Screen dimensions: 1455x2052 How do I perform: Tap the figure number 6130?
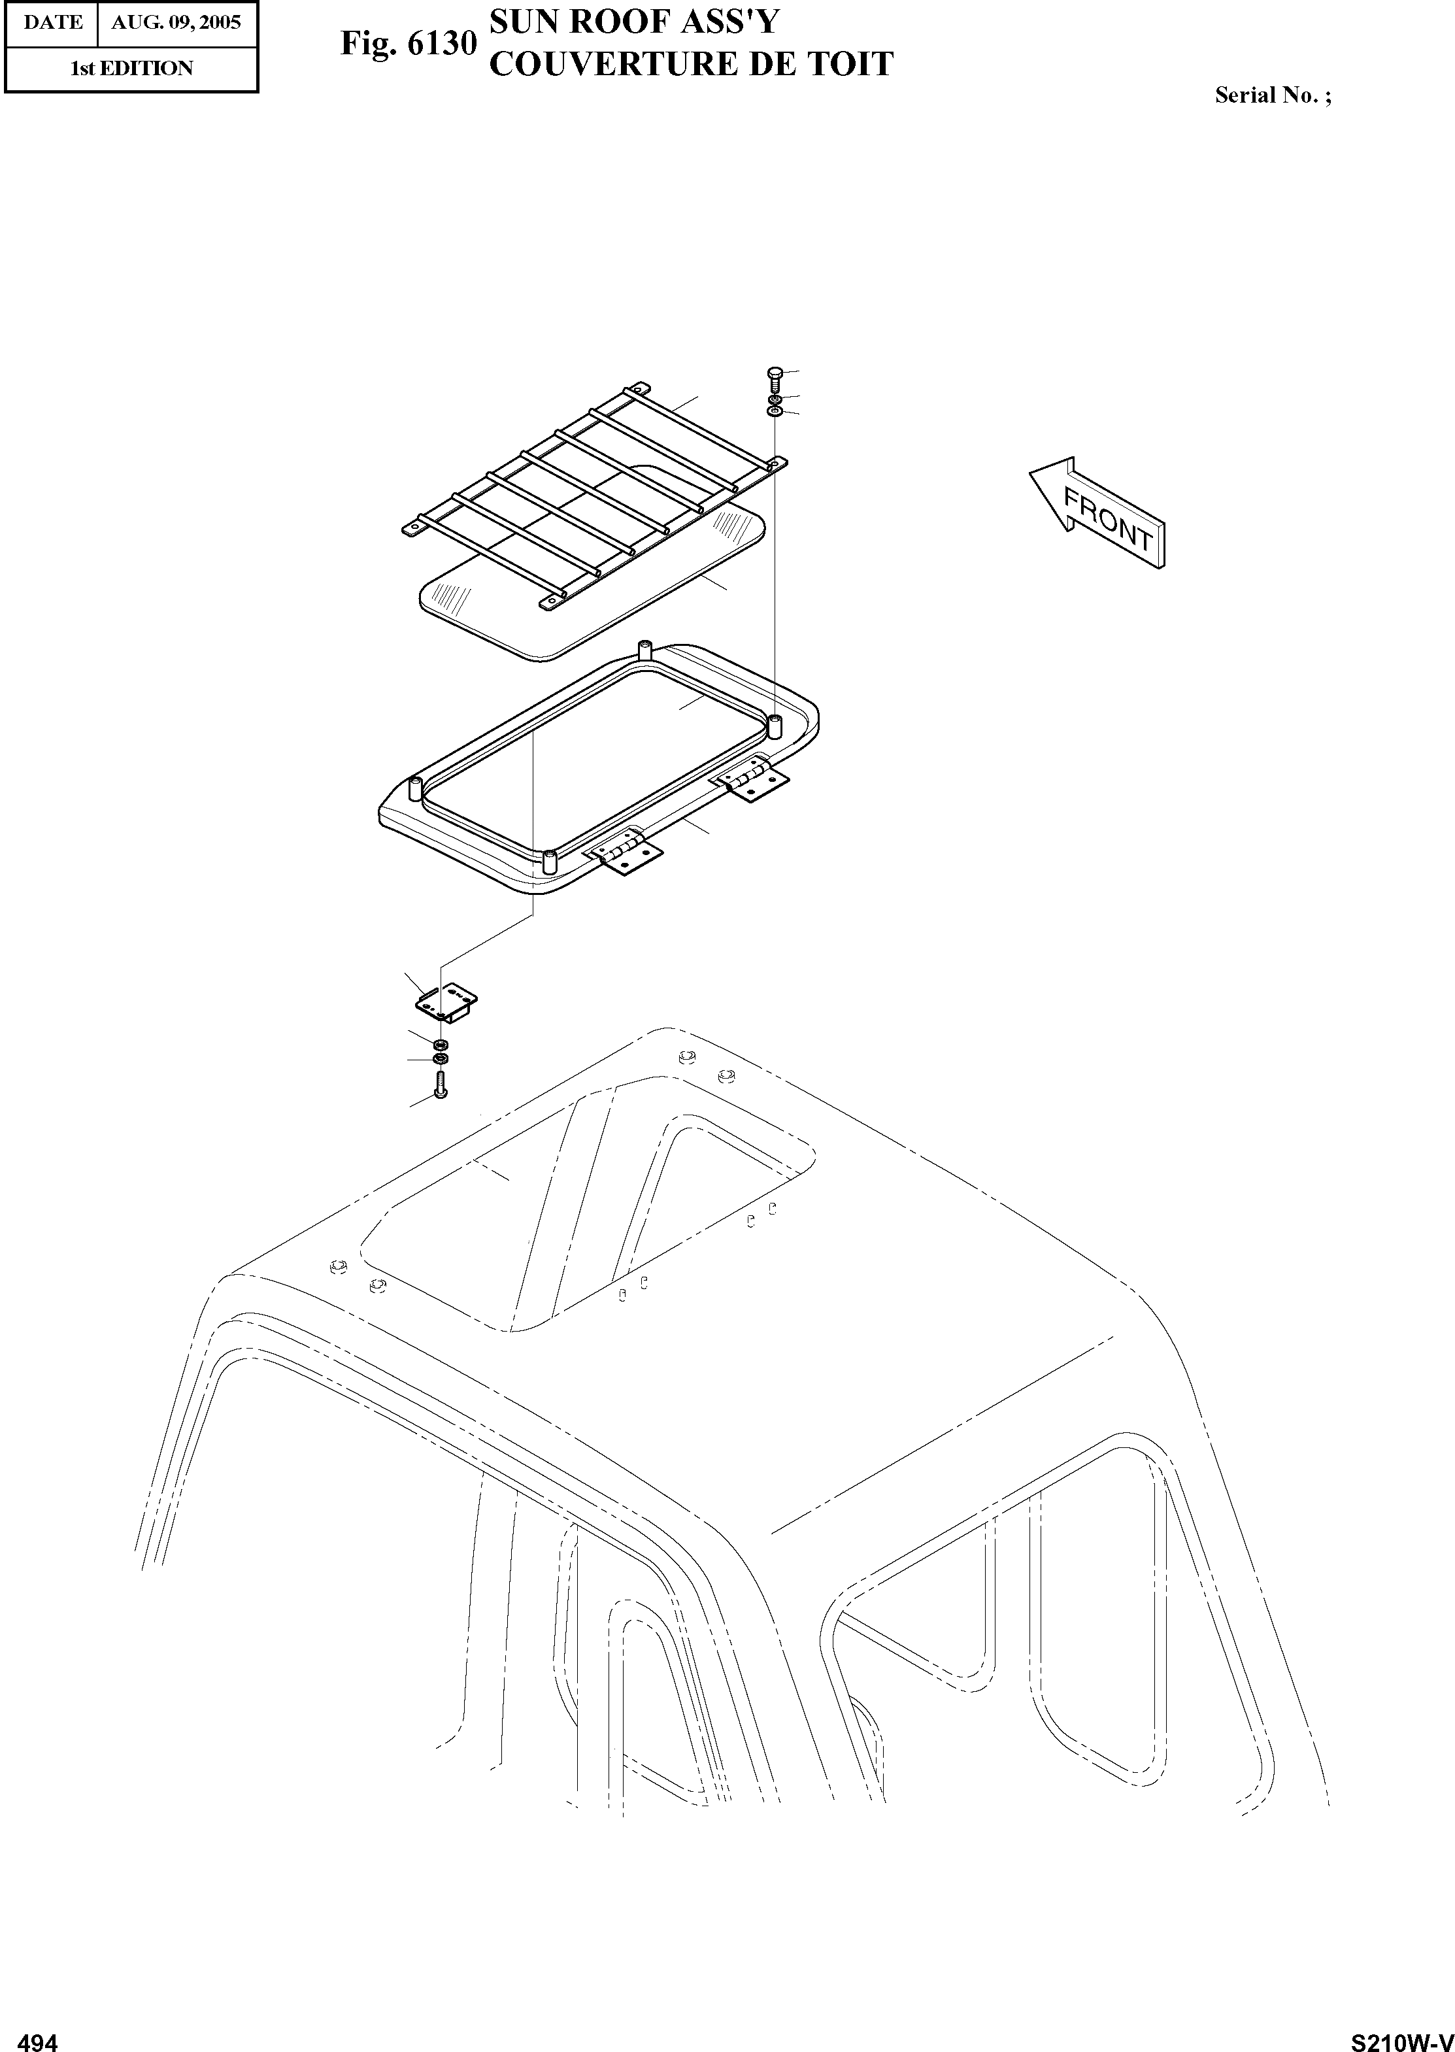pyautogui.click(x=442, y=44)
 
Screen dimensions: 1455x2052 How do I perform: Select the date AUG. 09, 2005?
pyautogui.click(x=176, y=22)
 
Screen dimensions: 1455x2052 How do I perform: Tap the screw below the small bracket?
pyautogui.click(x=440, y=1086)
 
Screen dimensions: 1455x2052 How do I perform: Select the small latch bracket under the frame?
pyautogui.click(x=446, y=1001)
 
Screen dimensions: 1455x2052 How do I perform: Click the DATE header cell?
pyautogui.click(x=52, y=22)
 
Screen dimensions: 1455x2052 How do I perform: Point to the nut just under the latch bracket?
pyautogui.click(x=440, y=1045)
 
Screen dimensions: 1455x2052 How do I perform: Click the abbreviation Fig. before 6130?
pyautogui.click(x=369, y=44)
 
